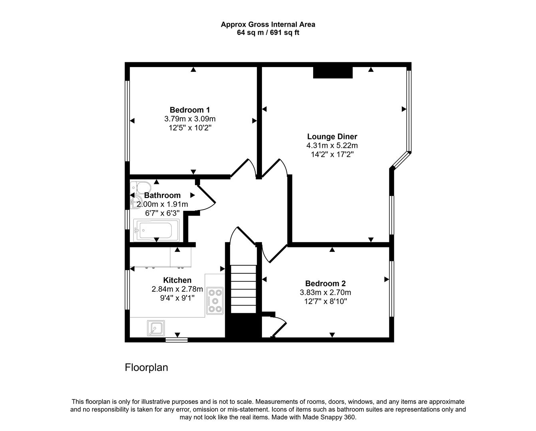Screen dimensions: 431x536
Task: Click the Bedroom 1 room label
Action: [x=190, y=110]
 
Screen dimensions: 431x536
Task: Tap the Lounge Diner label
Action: [x=332, y=136]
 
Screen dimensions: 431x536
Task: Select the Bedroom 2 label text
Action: [x=326, y=283]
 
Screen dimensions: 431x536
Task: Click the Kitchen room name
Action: [x=177, y=280]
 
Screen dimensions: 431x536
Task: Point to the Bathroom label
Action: [x=162, y=195]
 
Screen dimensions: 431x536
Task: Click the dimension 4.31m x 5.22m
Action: [x=332, y=146]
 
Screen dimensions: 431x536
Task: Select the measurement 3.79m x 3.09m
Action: [x=190, y=119]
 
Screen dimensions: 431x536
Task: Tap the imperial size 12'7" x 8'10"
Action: [x=326, y=301]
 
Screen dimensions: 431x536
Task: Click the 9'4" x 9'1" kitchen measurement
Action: [x=177, y=298]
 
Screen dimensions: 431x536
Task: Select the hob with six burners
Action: [x=215, y=300]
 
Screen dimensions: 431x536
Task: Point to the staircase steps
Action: [x=243, y=289]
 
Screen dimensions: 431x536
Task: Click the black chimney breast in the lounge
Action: [x=333, y=73]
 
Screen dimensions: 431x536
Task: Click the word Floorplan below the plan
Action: [x=146, y=367]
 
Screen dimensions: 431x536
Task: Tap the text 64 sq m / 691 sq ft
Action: [x=268, y=33]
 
